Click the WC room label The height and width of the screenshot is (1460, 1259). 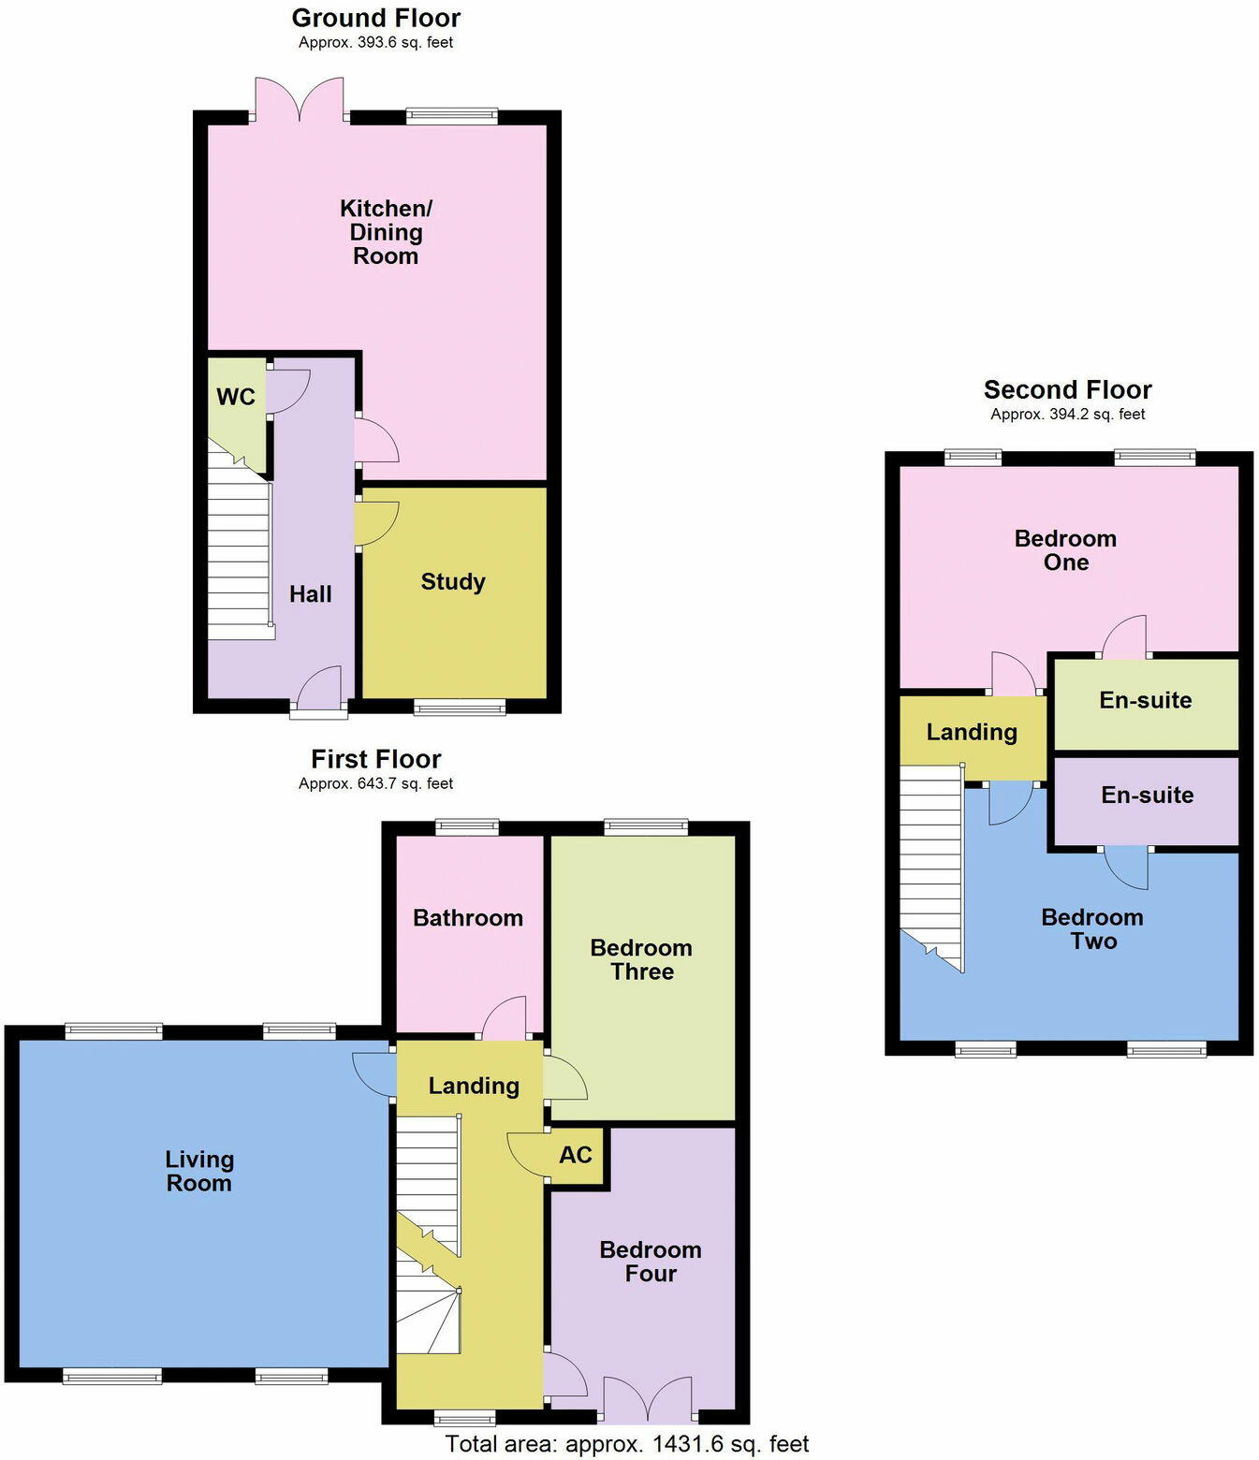[x=235, y=397]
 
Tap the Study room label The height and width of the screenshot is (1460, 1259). [x=453, y=581]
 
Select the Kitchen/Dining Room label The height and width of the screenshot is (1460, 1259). [x=386, y=232]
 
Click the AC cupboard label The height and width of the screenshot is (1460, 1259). [x=575, y=1155]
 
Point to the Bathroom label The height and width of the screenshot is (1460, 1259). [x=468, y=918]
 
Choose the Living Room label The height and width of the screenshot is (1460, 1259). [x=199, y=1171]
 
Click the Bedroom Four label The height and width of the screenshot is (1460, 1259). [x=651, y=1262]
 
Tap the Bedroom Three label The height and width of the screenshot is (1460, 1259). [x=641, y=959]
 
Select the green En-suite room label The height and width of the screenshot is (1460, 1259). [x=1146, y=700]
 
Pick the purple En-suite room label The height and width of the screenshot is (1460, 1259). [x=1148, y=796]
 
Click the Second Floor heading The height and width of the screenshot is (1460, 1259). [x=1067, y=389]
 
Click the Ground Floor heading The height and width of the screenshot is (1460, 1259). [x=376, y=18]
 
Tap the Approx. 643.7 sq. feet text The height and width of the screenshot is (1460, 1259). [x=376, y=783]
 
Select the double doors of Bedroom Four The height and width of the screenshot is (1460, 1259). [x=649, y=1399]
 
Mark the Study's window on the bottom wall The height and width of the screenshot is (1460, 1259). [x=460, y=708]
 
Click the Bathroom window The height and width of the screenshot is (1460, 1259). [x=467, y=827]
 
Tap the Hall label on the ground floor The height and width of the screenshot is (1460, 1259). [x=310, y=594]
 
